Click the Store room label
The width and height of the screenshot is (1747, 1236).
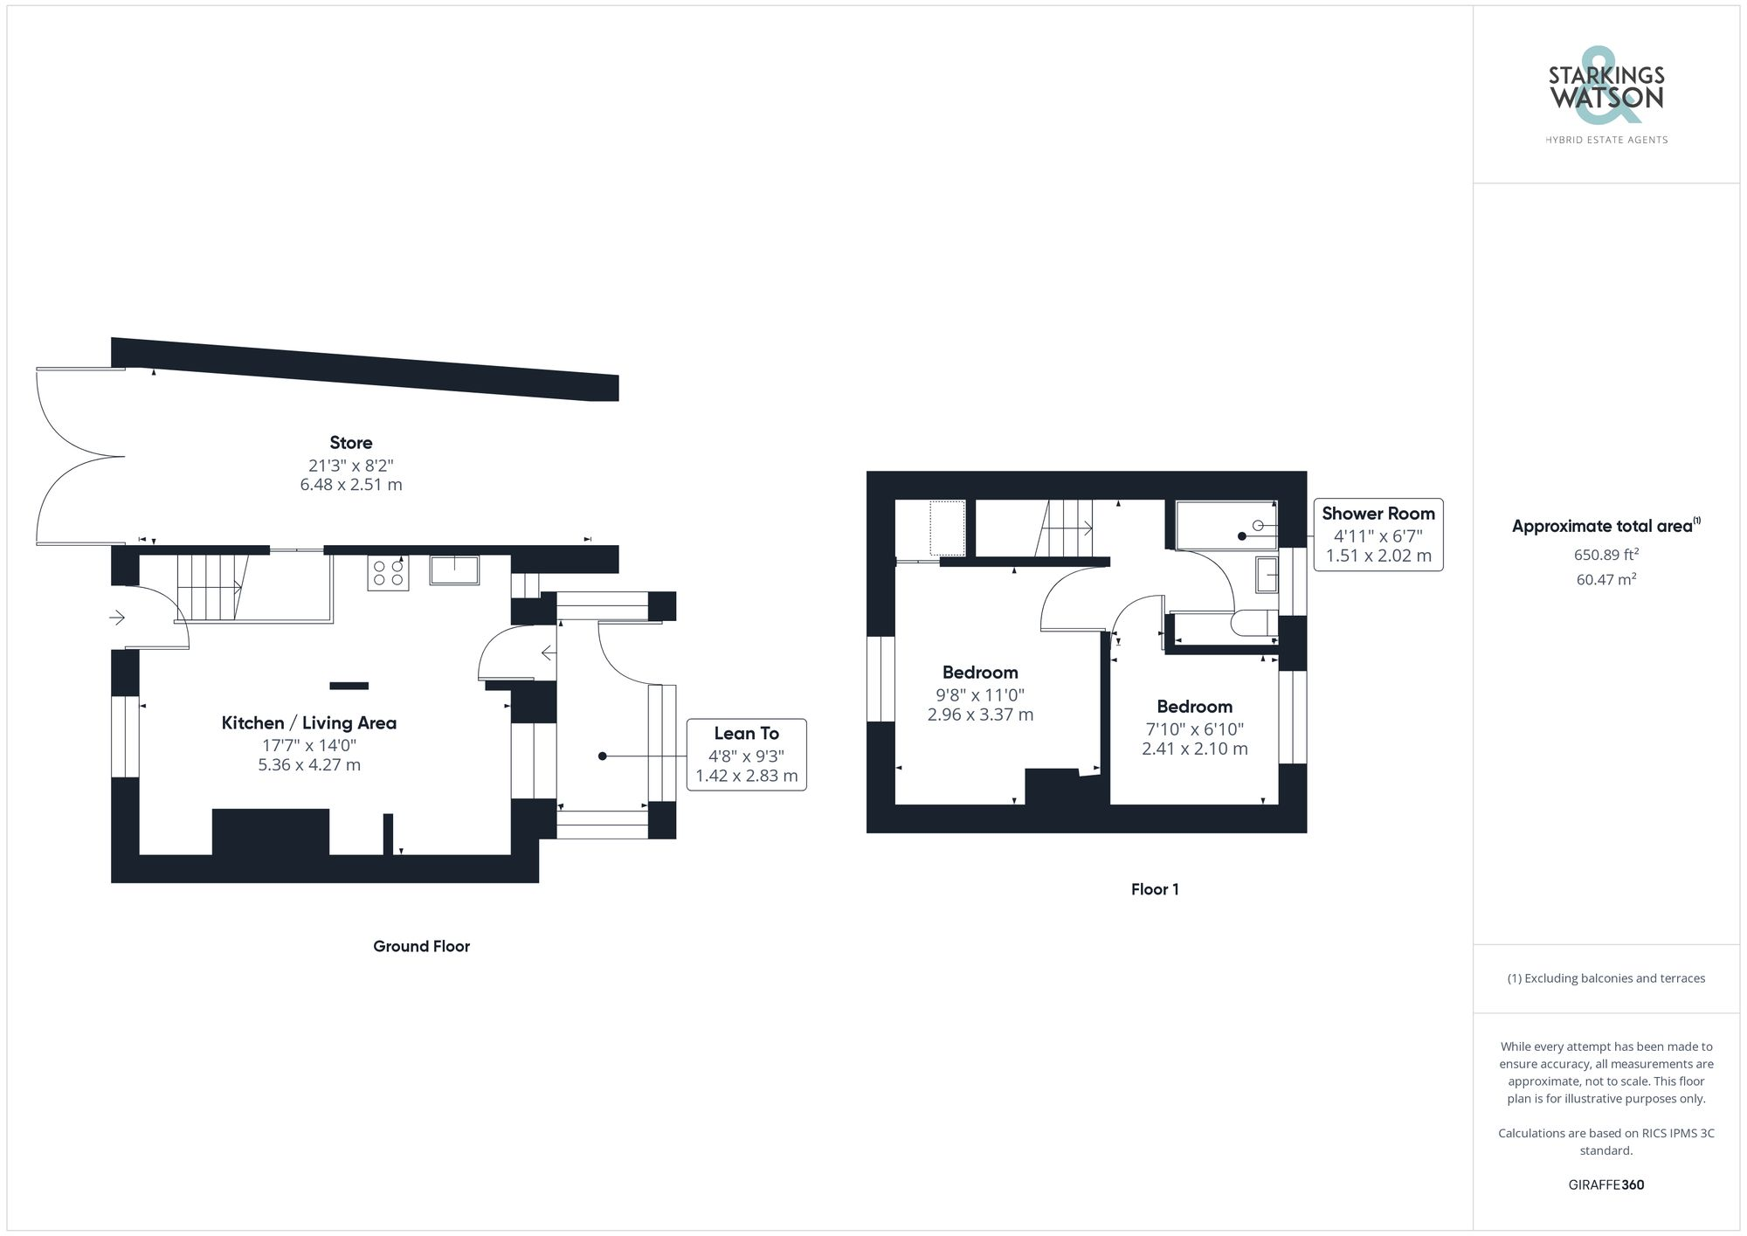pyautogui.click(x=350, y=443)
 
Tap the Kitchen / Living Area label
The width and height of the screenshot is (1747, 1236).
pyautogui.click(x=308, y=723)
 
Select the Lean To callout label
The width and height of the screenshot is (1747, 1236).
pyautogui.click(x=746, y=734)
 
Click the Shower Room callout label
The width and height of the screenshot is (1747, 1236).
pyautogui.click(x=1378, y=514)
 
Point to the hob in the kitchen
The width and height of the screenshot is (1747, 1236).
pyautogui.click(x=388, y=573)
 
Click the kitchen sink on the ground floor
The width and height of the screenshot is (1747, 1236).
pyautogui.click(x=454, y=570)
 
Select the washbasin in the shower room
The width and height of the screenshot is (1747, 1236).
pyautogui.click(x=1267, y=575)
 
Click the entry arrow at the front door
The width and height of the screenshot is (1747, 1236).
pyautogui.click(x=117, y=618)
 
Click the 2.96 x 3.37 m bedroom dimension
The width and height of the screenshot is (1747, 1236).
pyautogui.click(x=980, y=715)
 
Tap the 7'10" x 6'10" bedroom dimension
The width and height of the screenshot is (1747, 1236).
pyautogui.click(x=1194, y=729)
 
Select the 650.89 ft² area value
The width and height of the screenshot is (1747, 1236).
pyautogui.click(x=1605, y=555)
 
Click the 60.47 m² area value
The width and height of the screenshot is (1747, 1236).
pyautogui.click(x=1605, y=579)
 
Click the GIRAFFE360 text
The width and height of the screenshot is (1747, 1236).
pyautogui.click(x=1605, y=1185)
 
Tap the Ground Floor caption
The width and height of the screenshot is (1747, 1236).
pyautogui.click(x=421, y=946)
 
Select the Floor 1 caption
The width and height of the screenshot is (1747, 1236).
pyautogui.click(x=1155, y=889)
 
